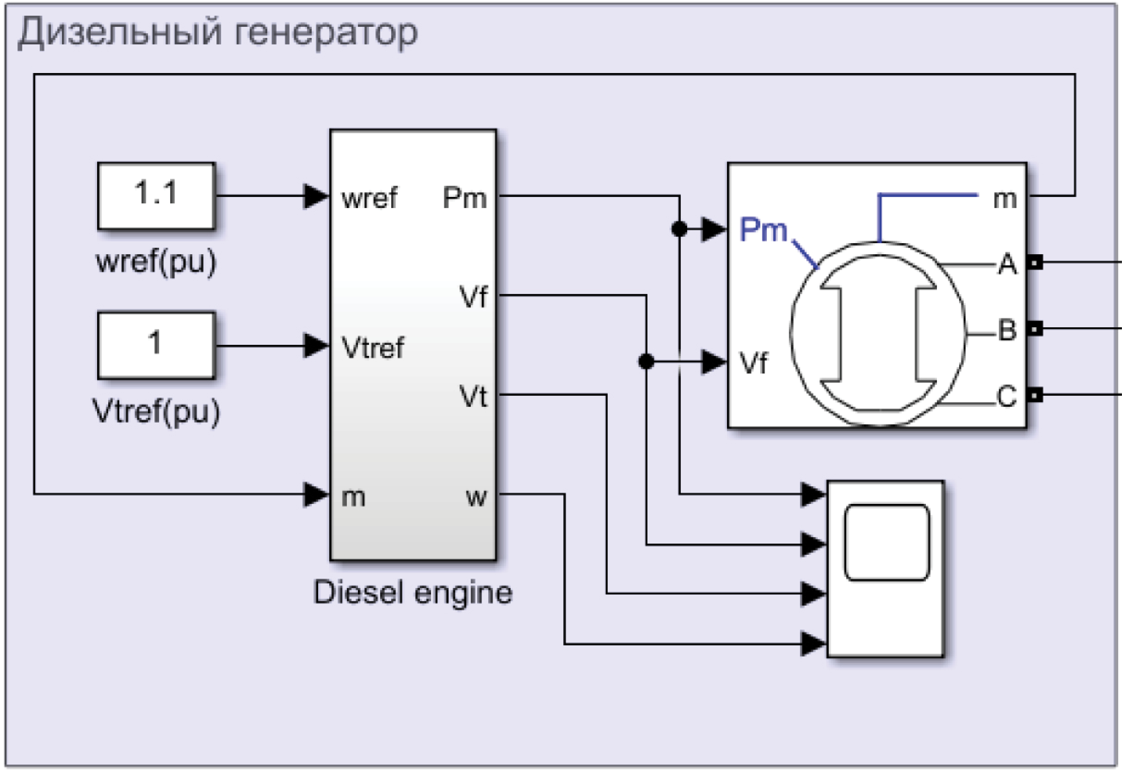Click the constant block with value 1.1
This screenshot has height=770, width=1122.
pos(156,195)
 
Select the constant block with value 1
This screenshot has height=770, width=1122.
pos(156,345)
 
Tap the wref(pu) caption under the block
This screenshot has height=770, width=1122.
pos(156,262)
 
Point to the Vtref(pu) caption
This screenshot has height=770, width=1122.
pos(156,412)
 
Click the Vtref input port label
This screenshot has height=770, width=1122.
pos(372,347)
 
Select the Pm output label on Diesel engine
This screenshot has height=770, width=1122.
pos(464,198)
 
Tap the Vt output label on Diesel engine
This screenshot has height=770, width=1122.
pos(473,397)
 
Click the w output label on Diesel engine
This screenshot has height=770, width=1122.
pos(477,497)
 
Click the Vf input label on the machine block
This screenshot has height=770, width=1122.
pos(753,363)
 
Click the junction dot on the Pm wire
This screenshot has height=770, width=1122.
pos(679,229)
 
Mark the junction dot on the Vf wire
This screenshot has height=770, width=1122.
pos(646,361)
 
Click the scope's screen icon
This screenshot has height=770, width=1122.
pos(887,542)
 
